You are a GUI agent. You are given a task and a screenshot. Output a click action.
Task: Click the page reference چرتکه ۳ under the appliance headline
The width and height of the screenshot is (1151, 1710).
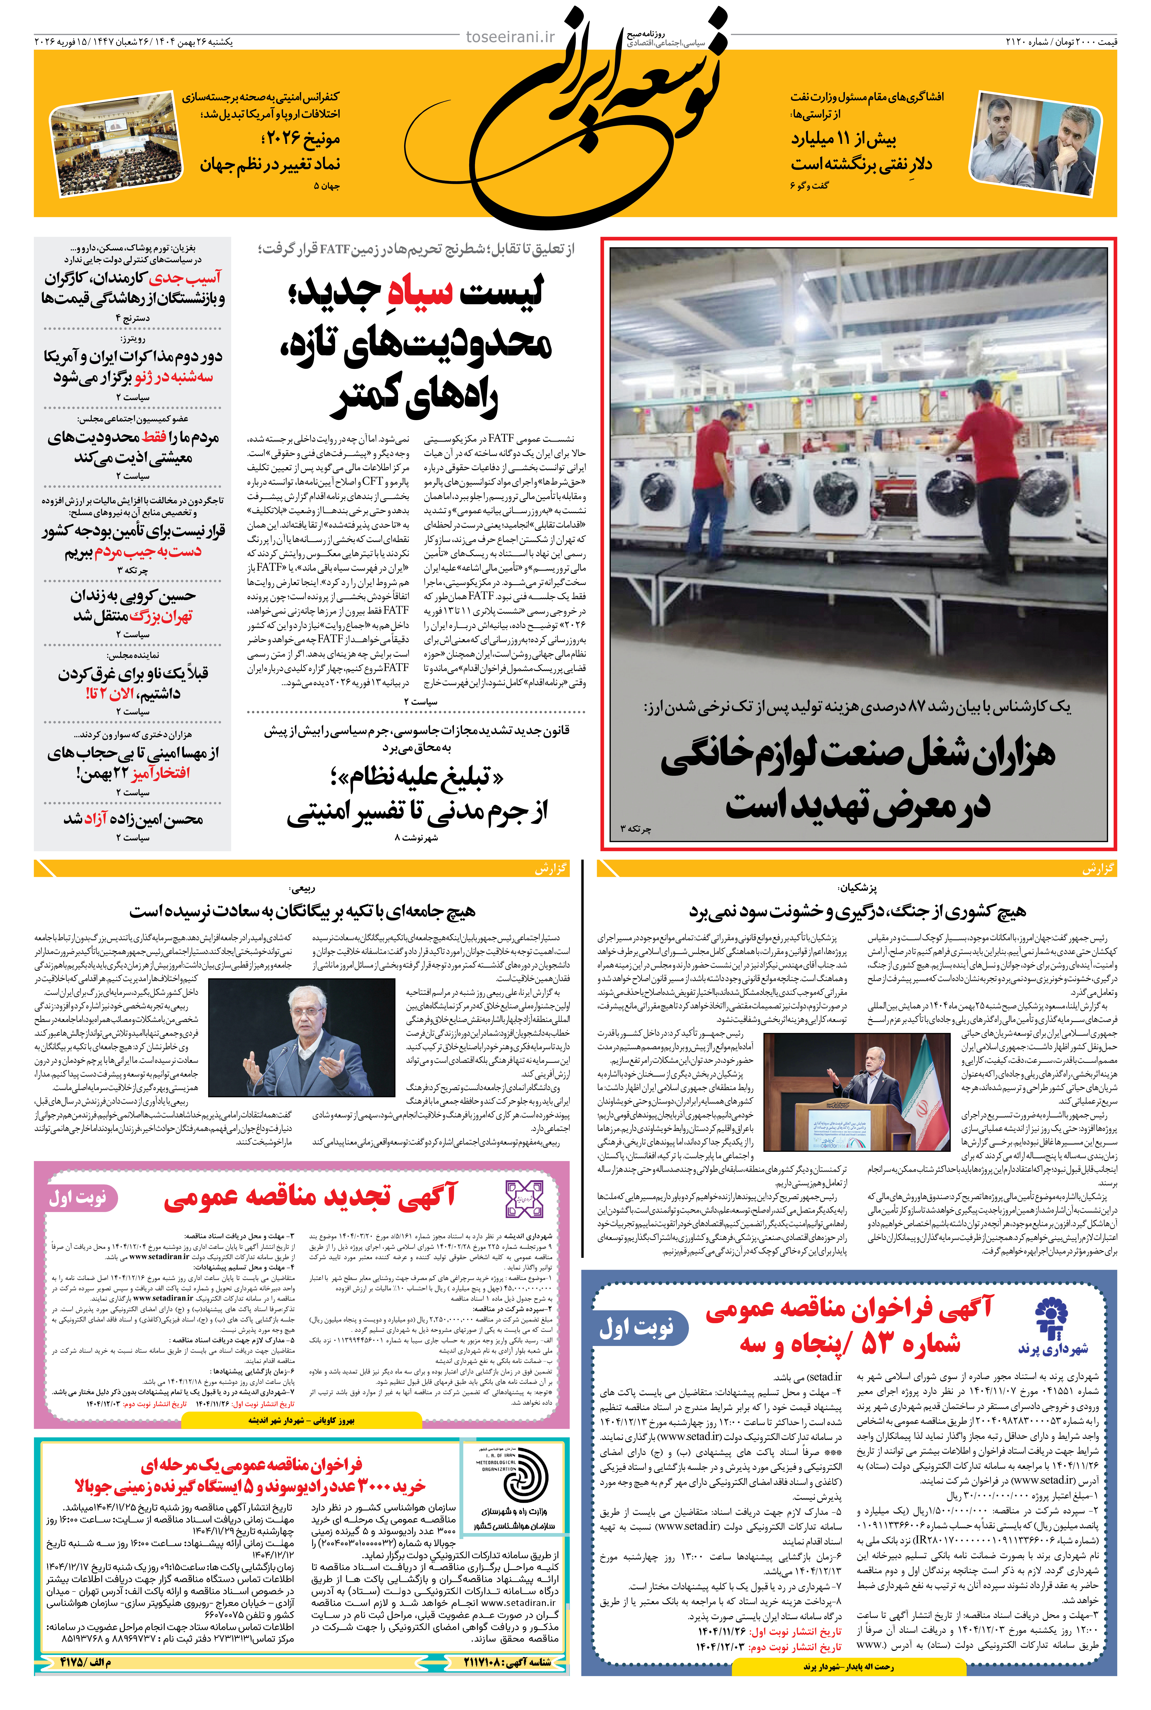click(636, 828)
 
